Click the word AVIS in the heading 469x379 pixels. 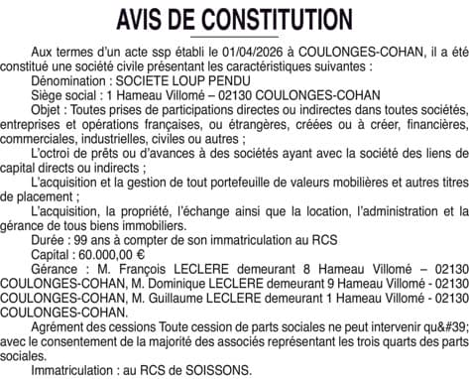(x=147, y=19)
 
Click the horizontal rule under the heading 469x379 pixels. (x=234, y=37)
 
